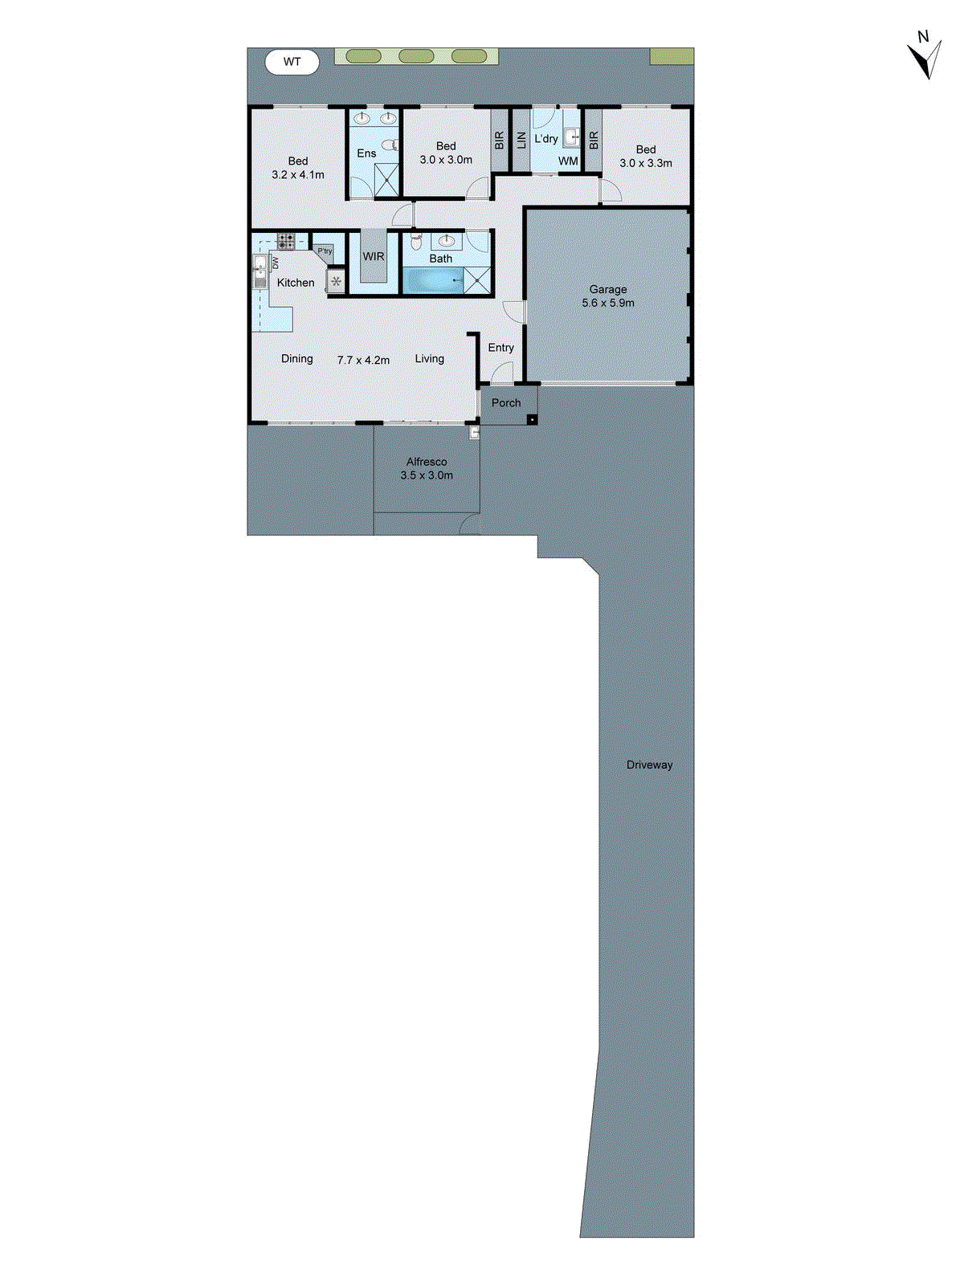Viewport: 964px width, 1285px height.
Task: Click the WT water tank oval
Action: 292,62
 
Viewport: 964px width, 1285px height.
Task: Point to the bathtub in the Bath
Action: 433,281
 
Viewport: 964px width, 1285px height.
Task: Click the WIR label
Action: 374,257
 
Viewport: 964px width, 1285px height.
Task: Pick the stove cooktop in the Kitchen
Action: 286,239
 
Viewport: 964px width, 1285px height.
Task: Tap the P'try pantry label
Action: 325,251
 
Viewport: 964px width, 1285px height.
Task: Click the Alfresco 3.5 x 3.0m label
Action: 427,468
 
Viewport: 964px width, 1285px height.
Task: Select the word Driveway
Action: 649,765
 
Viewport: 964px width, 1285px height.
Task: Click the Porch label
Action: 506,403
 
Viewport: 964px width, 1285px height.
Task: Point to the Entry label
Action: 500,348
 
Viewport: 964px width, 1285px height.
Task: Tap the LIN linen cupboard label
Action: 521,141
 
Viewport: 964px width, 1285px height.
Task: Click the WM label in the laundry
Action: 568,161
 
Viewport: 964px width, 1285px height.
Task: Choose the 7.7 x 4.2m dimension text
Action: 363,361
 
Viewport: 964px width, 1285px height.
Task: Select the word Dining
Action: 296,359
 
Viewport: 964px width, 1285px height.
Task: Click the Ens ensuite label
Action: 366,153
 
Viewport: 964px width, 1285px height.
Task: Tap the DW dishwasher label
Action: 276,263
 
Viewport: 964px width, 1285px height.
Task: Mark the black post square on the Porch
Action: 531,419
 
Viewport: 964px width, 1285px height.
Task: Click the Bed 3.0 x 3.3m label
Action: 646,156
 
